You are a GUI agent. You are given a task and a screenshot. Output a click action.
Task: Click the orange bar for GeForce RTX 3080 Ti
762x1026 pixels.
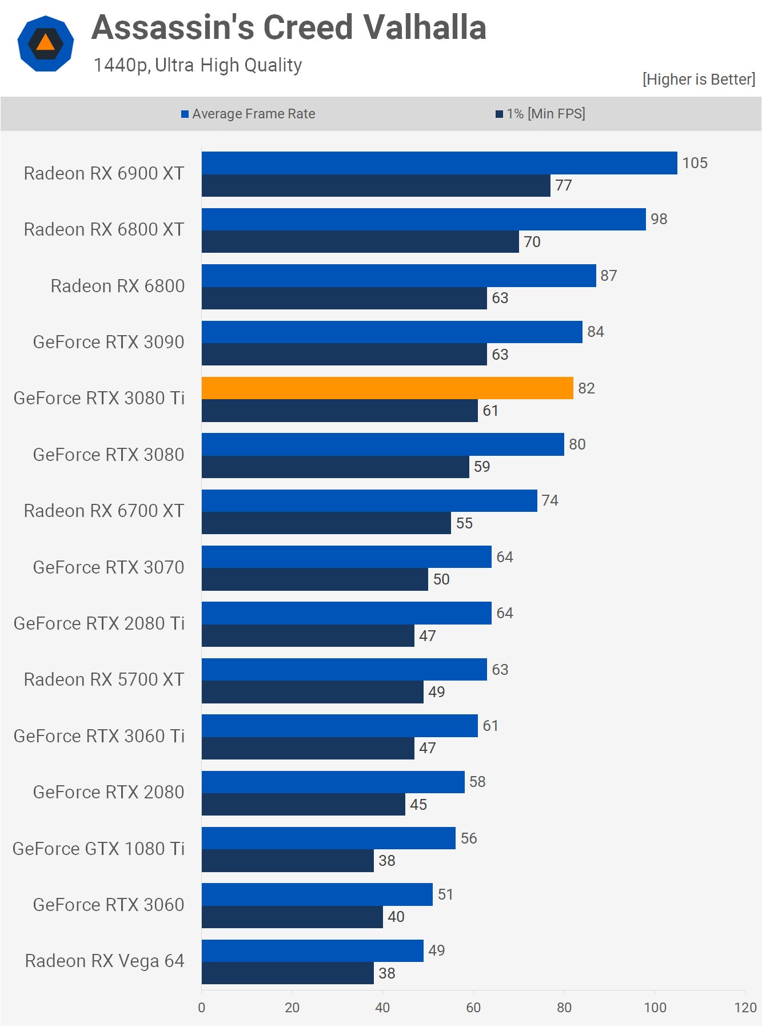click(387, 388)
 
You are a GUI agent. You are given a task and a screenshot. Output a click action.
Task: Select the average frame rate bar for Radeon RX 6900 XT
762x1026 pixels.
click(439, 163)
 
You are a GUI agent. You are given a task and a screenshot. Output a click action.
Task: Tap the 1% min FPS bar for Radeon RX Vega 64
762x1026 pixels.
click(288, 973)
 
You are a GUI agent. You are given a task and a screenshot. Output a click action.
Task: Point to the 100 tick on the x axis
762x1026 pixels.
click(655, 1007)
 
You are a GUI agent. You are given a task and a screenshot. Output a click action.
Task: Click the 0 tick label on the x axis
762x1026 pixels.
click(201, 1007)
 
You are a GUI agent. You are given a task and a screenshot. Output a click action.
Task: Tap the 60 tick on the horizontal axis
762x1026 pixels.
click(473, 1007)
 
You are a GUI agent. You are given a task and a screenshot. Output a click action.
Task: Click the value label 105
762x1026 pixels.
click(695, 163)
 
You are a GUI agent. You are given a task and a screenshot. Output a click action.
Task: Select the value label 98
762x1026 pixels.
click(659, 219)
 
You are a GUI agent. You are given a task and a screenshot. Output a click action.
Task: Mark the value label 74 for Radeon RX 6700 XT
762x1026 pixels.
click(549, 500)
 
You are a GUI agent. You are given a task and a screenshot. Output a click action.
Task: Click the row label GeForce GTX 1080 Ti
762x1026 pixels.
click(98, 849)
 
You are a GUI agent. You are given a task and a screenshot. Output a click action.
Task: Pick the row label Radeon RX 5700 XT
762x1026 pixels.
click(103, 679)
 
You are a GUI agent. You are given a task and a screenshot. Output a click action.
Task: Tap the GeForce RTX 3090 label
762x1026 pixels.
click(108, 342)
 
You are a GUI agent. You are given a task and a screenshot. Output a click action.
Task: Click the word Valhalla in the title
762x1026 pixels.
click(424, 27)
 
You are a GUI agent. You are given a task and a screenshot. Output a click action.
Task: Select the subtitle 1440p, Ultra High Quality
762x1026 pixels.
click(197, 65)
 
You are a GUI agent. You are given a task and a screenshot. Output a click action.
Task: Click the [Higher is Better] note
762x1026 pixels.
click(698, 79)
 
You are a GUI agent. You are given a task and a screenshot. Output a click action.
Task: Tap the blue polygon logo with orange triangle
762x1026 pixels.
click(46, 43)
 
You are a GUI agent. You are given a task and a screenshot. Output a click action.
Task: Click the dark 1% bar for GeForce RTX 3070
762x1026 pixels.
click(314, 579)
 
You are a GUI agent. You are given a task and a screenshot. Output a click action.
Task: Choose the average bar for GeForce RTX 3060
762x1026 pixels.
click(317, 894)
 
